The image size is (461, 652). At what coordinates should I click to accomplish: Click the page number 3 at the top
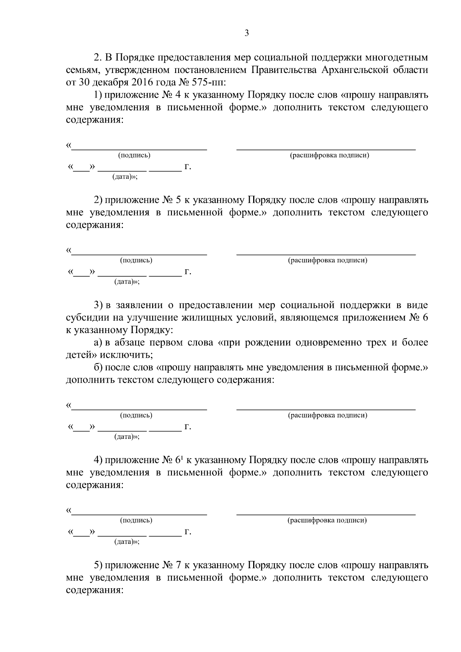pos(247,33)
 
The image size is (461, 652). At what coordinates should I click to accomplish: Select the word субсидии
pos(85,318)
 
